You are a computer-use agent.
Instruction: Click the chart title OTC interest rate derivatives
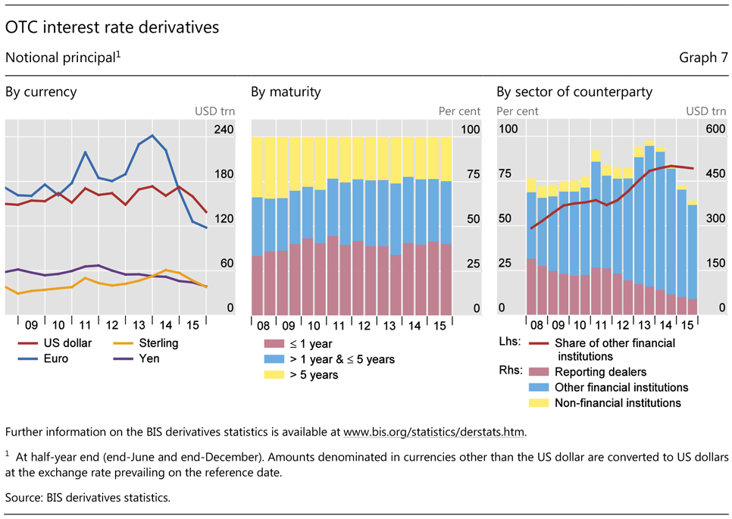coord(111,27)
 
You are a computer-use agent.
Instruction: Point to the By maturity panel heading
coord(286,92)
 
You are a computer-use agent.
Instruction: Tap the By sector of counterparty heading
coord(574,92)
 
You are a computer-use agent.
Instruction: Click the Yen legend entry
coord(149,358)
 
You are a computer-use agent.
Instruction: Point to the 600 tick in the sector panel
coord(716,130)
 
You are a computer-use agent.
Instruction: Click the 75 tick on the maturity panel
coord(471,174)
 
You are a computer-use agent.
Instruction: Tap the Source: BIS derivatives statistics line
coord(88,498)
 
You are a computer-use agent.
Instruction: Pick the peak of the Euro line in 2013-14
coord(152,136)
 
